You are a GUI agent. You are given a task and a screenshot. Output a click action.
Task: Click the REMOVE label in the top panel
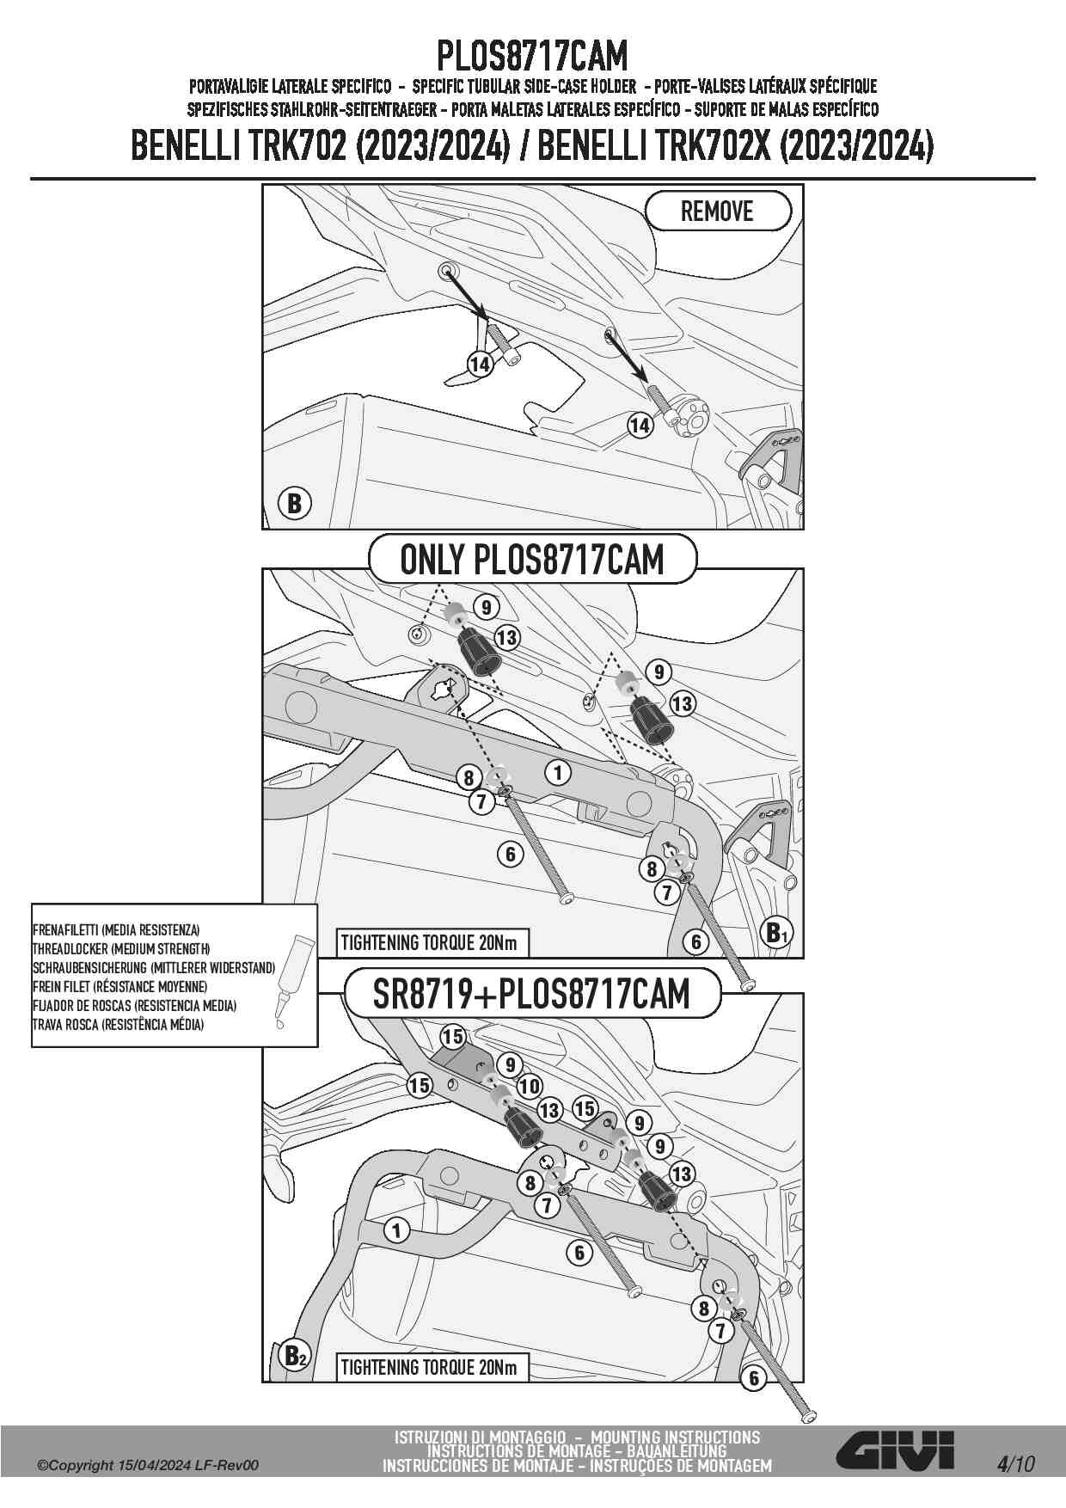click(x=717, y=211)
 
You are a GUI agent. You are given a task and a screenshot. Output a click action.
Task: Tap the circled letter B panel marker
click(x=294, y=503)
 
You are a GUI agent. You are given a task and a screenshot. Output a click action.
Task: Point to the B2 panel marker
click(x=294, y=1357)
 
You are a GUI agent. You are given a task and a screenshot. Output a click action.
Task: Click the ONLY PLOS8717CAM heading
click(x=532, y=560)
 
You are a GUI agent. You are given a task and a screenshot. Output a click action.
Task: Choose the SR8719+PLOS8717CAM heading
click(x=531, y=994)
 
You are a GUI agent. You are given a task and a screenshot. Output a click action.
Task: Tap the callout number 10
click(x=529, y=1086)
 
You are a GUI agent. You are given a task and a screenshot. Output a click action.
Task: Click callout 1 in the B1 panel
click(x=558, y=773)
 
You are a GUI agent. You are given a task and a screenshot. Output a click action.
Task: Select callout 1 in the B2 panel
click(x=396, y=1230)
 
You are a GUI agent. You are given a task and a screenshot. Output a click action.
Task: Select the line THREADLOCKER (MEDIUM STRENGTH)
click(x=121, y=948)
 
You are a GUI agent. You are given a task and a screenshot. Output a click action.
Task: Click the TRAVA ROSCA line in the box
click(x=118, y=1024)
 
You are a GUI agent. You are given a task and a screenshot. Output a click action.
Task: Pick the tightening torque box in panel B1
click(x=430, y=942)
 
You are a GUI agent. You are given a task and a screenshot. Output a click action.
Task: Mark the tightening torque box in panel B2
click(x=430, y=1367)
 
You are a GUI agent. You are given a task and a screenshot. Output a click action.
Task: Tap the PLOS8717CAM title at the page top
click(x=532, y=57)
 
